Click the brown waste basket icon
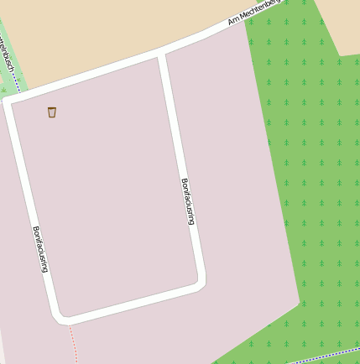pyautogui.click(x=52, y=112)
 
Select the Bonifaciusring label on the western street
pyautogui.click(x=40, y=249)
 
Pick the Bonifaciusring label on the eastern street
pyautogui.click(x=188, y=201)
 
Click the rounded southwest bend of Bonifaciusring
pyautogui.click(x=61, y=317)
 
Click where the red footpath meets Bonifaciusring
pyautogui.click(x=67, y=322)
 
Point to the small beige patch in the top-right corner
pyautogui.click(x=344, y=25)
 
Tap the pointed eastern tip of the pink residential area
pyautogui.click(x=299, y=301)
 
